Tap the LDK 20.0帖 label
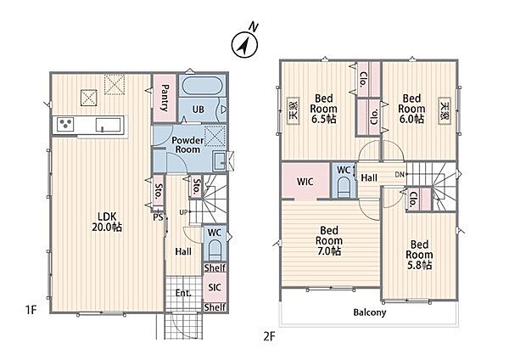[x=107, y=222]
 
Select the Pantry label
[x=165, y=98]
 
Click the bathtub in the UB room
[x=202, y=86]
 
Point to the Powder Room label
[x=187, y=145]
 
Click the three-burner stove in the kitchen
[x=65, y=124]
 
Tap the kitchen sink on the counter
[x=108, y=125]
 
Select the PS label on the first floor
[x=158, y=217]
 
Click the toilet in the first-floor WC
[x=215, y=250]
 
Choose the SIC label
[x=215, y=287]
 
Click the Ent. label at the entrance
[x=183, y=293]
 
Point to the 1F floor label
[x=31, y=310]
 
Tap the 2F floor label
[x=269, y=336]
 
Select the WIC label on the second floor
[x=305, y=182]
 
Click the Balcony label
[x=370, y=312]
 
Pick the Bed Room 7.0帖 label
[x=329, y=241]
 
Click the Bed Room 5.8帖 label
[x=419, y=255]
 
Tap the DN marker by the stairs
[x=400, y=174]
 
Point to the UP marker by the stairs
[x=183, y=212]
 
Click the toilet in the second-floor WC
[x=344, y=187]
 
